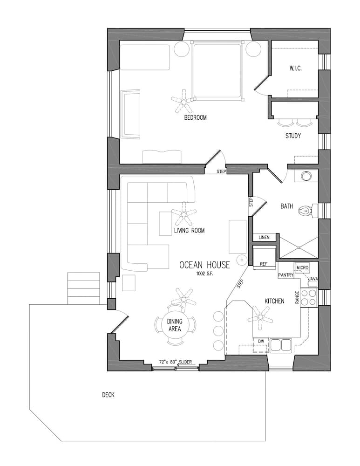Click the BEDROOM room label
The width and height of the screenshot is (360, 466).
195,118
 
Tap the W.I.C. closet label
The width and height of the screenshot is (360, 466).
296,69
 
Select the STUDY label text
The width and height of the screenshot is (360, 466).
293,136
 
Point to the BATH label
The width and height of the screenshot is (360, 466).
287,206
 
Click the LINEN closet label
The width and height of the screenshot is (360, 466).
264,238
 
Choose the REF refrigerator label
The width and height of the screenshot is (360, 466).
264,264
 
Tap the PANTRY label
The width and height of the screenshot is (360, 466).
285,275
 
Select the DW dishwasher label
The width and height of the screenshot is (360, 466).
262,342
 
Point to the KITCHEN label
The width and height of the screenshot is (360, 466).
274,301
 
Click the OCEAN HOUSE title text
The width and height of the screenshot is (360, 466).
204,265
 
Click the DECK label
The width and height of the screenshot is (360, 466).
108,395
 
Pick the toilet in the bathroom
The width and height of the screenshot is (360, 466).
306,210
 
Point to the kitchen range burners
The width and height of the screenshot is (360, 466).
308,297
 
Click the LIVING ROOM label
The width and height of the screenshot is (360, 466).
189,230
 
